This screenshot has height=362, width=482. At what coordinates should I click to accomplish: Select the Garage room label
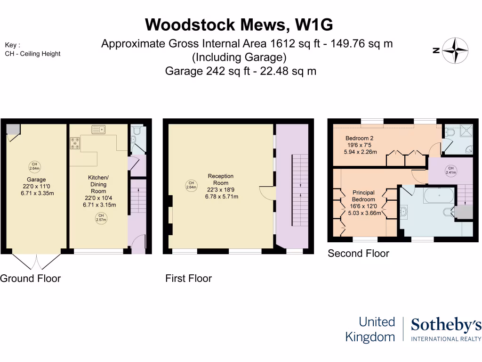coord(36,180)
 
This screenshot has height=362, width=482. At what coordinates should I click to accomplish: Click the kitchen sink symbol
coord(99,129)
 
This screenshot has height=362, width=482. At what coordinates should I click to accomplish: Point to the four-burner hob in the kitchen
coord(75,143)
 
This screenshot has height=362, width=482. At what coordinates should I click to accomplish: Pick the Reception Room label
coord(221,180)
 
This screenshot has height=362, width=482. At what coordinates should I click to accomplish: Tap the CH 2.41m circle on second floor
coord(450,170)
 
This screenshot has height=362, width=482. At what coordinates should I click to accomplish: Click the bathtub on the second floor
coord(439,195)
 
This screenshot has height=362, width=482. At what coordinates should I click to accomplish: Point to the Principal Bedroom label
coord(364,196)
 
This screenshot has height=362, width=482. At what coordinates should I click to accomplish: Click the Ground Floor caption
coord(31,279)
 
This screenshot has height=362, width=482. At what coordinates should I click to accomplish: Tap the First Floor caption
coord(188,279)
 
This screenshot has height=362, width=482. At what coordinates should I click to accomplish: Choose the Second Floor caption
coord(358,254)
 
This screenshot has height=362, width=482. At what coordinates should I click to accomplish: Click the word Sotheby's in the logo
coord(446,325)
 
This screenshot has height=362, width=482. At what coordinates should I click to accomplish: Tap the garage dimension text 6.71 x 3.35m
coord(36,193)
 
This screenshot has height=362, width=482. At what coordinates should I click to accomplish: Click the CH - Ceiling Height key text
coord(33,54)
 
